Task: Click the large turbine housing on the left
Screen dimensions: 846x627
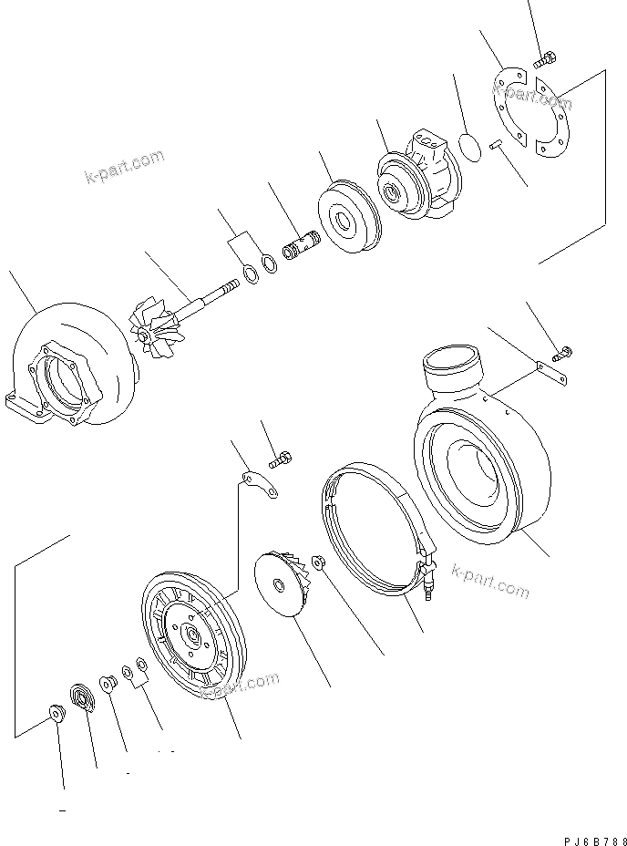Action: click(68, 369)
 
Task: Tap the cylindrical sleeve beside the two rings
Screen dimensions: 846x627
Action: click(301, 247)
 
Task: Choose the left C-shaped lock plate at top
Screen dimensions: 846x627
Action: click(509, 106)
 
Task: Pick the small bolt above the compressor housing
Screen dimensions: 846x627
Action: click(563, 351)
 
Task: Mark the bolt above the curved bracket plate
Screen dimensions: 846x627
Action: click(281, 456)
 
